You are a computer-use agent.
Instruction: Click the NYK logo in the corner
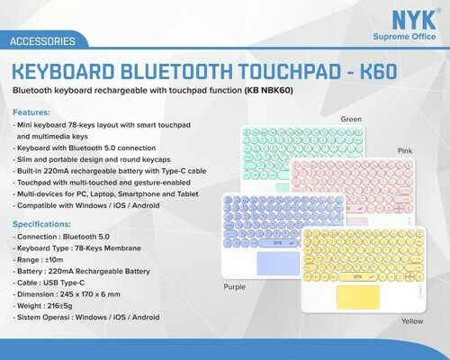pyautogui.click(x=414, y=20)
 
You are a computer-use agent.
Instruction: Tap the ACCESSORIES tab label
pyautogui.click(x=42, y=41)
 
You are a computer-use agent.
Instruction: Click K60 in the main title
pyautogui.click(x=378, y=72)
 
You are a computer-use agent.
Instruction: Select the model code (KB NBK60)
pyautogui.click(x=269, y=90)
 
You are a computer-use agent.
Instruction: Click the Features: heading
pyautogui.click(x=31, y=112)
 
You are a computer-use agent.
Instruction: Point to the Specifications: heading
pyautogui.click(x=41, y=224)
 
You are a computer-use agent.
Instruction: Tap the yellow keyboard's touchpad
pyautogui.click(x=358, y=297)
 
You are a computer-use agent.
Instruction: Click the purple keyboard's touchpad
pyautogui.click(x=278, y=264)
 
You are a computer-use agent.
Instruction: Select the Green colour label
pyautogui.click(x=351, y=119)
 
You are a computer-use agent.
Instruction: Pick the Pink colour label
pyautogui.click(x=405, y=150)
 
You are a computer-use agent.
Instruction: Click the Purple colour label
pyautogui.click(x=235, y=287)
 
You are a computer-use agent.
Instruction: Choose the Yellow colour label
pyautogui.click(x=412, y=321)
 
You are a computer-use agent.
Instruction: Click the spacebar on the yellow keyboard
pyautogui.click(x=358, y=277)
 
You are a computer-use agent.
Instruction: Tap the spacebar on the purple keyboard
pyautogui.click(x=278, y=243)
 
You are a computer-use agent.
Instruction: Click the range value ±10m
pyautogui.click(x=54, y=260)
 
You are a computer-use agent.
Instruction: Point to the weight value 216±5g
pyautogui.click(x=59, y=306)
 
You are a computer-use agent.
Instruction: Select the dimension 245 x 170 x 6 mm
pyautogui.click(x=90, y=294)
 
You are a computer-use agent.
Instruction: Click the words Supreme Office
pyautogui.click(x=404, y=37)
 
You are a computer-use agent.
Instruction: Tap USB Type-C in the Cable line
pyautogui.click(x=64, y=283)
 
